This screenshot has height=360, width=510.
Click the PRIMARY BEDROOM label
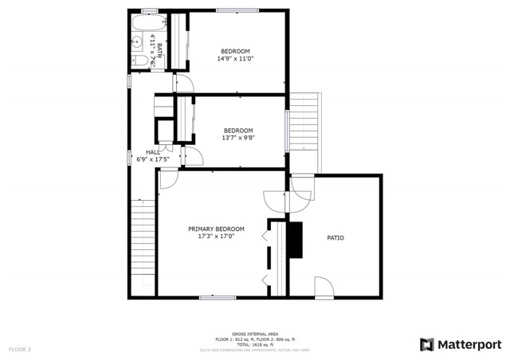[216, 229]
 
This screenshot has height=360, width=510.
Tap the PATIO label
[335, 237]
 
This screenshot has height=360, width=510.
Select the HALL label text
[152, 151]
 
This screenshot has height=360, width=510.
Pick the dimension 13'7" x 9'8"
[237, 138]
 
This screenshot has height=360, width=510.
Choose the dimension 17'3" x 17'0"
[216, 237]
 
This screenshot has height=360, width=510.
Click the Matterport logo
[461, 344]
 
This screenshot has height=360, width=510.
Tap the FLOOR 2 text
[20, 350]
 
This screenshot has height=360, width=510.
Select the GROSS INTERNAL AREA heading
[254, 335]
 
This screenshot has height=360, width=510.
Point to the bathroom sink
[137, 41]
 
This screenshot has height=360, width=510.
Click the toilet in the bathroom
[138, 61]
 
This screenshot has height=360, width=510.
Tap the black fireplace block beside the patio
[296, 241]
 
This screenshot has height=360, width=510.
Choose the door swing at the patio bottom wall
[324, 287]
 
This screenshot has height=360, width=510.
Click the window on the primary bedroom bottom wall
[218, 297]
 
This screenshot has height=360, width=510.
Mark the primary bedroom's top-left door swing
[168, 180]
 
